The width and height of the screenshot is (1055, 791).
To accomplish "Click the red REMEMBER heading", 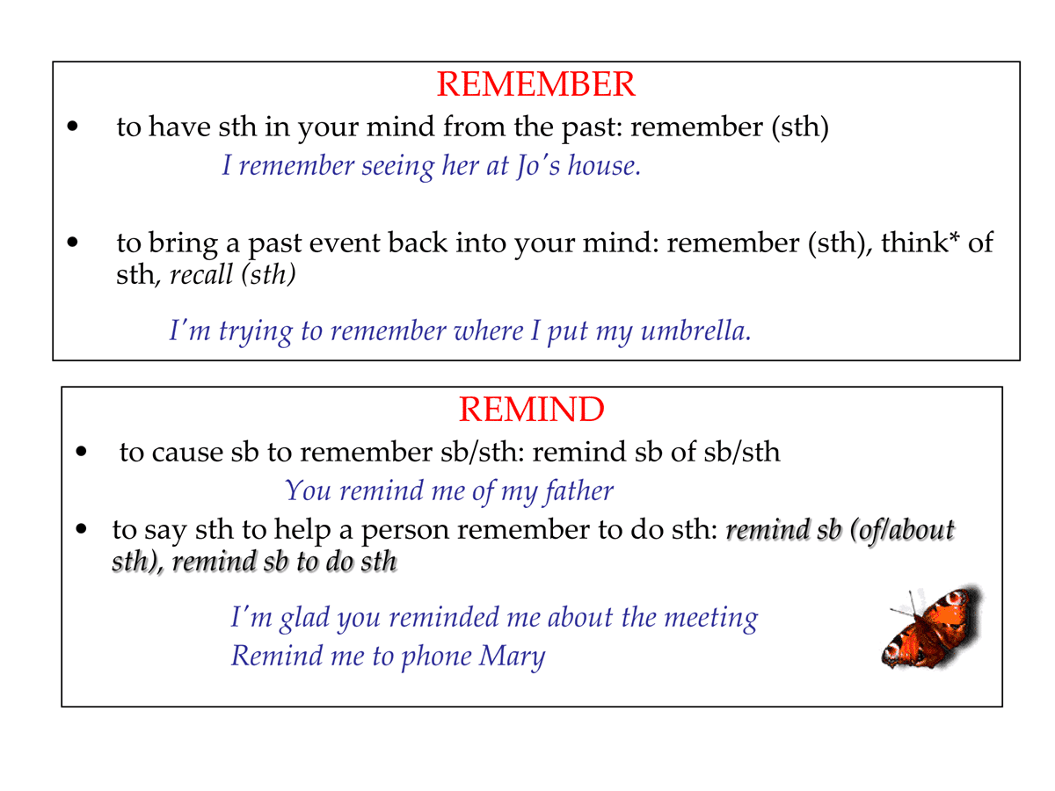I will [535, 84].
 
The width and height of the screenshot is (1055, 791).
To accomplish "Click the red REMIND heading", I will [531, 410].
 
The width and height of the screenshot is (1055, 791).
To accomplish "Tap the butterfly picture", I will [932, 626].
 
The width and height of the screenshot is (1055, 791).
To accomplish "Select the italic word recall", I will [201, 275].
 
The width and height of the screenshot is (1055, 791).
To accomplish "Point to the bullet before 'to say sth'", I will [82, 530].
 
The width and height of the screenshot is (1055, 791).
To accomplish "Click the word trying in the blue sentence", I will [258, 331].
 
